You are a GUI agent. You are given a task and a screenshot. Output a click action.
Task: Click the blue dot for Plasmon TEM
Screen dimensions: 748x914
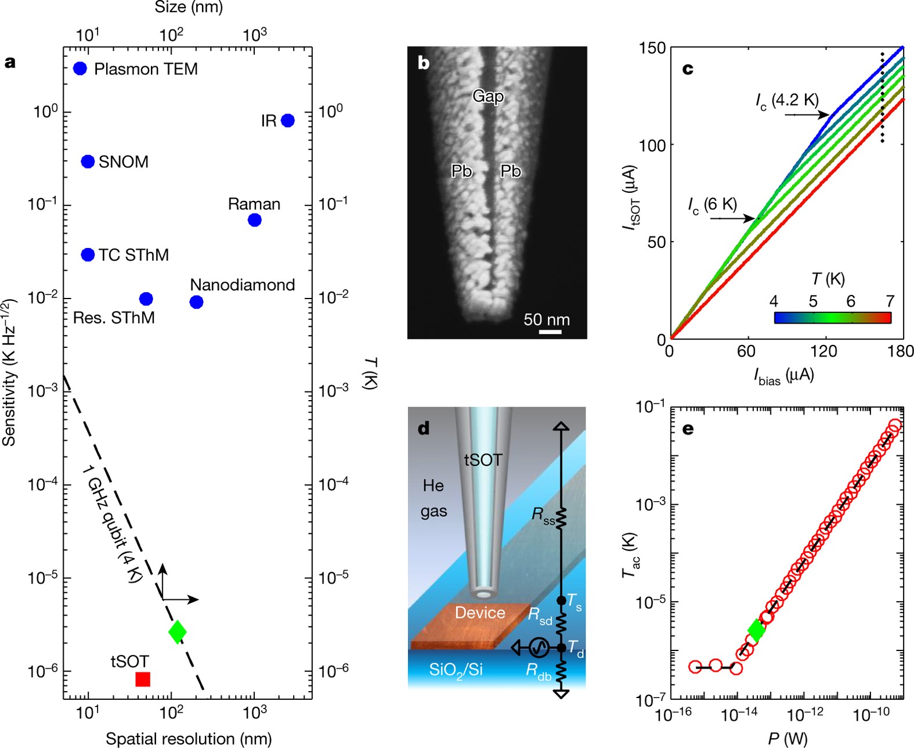pos(80,69)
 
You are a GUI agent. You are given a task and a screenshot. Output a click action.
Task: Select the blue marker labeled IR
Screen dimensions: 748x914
pos(287,120)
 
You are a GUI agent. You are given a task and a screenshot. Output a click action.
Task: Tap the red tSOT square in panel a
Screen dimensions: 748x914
pos(143,679)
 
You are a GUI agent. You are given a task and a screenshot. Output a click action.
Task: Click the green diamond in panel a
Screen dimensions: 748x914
pos(178,631)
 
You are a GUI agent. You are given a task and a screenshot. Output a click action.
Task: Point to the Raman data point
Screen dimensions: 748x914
pos(254,220)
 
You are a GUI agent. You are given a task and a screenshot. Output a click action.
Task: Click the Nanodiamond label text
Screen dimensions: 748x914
pos(243,285)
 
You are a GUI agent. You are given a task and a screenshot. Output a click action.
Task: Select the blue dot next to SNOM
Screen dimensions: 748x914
pos(88,161)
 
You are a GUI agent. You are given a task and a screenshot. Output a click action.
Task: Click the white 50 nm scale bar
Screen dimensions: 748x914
pos(550,332)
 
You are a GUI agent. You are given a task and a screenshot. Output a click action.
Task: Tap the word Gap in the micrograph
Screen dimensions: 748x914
pos(487,96)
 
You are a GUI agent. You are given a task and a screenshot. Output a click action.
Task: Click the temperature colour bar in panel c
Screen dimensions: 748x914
pos(832,317)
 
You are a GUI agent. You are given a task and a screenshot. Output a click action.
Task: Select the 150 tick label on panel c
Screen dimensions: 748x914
pos(652,48)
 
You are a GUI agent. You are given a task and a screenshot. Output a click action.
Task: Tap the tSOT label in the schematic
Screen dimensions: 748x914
pos(483,460)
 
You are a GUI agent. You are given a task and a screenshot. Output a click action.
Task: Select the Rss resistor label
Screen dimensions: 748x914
pos(543,515)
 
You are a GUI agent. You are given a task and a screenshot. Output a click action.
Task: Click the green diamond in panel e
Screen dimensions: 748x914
pos(756,630)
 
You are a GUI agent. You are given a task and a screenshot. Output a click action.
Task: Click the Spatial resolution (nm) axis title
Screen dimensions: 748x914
pos(189,738)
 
